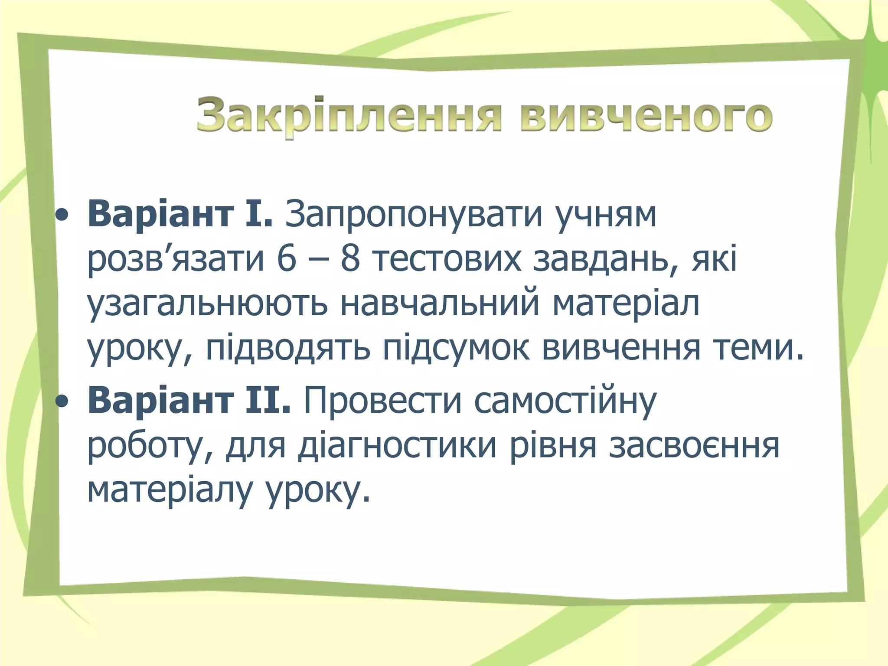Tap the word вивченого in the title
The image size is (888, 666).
click(x=646, y=116)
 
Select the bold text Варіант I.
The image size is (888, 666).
click(x=180, y=214)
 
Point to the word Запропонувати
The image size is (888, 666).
click(x=414, y=214)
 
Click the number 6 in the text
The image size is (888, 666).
click(x=286, y=259)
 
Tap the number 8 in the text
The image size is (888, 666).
click(x=350, y=259)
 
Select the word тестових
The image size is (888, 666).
click(x=447, y=259)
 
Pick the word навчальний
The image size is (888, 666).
click(x=440, y=304)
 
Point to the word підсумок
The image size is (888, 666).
click(x=456, y=349)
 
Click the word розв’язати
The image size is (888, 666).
click(x=176, y=260)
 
